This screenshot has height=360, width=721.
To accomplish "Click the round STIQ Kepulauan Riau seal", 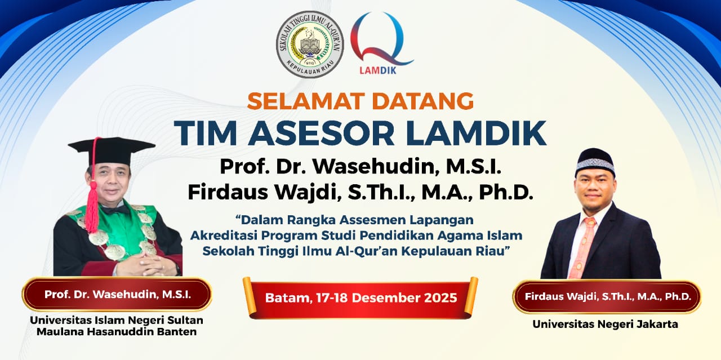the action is [x=310, y=45].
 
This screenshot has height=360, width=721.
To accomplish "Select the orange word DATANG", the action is [x=422, y=101].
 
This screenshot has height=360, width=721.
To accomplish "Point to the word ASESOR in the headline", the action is [x=321, y=134].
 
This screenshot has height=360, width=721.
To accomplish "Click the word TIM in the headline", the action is [x=206, y=134].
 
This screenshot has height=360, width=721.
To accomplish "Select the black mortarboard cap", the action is [x=112, y=150].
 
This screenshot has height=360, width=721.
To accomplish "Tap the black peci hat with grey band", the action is [x=595, y=162].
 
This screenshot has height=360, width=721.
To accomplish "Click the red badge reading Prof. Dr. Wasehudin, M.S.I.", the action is [x=117, y=294].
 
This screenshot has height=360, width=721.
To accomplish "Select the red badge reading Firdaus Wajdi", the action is [x=608, y=296].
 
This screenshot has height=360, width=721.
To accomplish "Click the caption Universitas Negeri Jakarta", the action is [x=605, y=324].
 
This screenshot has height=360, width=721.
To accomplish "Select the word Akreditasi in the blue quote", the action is [x=224, y=235].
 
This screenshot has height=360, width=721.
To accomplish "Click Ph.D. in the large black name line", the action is [x=506, y=192].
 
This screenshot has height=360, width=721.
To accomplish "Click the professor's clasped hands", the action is [x=145, y=264].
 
